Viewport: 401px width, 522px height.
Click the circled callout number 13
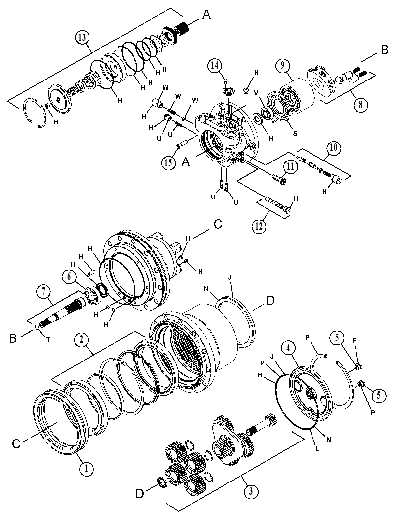click(x=83, y=38)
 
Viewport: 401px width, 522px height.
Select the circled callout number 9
click(x=282, y=66)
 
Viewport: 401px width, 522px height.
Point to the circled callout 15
click(x=169, y=163)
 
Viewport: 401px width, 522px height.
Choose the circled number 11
click(x=290, y=166)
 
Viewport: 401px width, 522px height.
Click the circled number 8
click(x=361, y=104)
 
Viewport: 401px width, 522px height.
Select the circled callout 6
click(x=69, y=277)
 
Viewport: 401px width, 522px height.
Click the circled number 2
click(x=83, y=339)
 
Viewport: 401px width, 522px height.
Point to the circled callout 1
click(x=86, y=469)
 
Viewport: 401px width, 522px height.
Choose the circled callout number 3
click(x=250, y=491)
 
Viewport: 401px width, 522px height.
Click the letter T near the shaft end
click(x=48, y=339)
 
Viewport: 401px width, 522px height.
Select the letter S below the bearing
click(x=294, y=133)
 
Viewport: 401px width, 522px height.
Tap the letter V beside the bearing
click(x=256, y=93)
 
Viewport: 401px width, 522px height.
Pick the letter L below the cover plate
click(x=317, y=449)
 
